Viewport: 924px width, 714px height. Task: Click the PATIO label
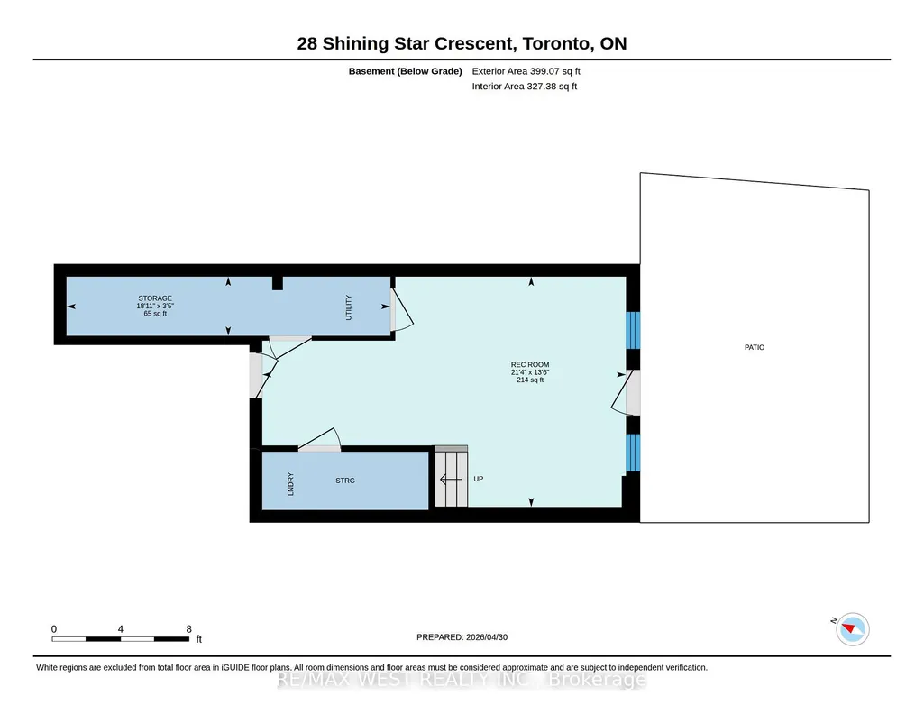[x=755, y=348]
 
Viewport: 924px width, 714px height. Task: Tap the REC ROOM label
[x=530, y=364]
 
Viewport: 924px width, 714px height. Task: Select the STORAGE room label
[x=155, y=298]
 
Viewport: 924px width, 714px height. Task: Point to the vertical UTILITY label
[x=348, y=307]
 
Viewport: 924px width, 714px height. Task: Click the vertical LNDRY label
[x=290, y=483]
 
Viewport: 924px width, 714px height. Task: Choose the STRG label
[x=345, y=481]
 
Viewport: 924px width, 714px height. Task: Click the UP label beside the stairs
[x=479, y=479]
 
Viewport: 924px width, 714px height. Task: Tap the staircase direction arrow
[x=451, y=480]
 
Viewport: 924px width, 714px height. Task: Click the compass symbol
[x=853, y=629]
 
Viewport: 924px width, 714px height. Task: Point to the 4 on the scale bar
[x=120, y=629]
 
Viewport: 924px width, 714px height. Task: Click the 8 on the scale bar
[x=188, y=629]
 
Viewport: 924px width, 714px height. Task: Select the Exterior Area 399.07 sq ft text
[x=526, y=71]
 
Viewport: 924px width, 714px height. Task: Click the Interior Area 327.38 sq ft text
[x=525, y=86]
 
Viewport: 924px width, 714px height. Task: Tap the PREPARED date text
[x=462, y=636]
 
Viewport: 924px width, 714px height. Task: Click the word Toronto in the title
[x=556, y=43]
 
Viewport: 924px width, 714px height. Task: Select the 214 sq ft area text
[x=530, y=380]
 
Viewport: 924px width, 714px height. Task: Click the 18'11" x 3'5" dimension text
[x=155, y=306]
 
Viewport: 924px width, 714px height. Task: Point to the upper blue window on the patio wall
[x=632, y=331]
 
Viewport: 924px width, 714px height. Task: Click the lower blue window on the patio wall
[x=632, y=453]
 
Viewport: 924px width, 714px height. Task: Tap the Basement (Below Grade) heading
[x=406, y=71]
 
